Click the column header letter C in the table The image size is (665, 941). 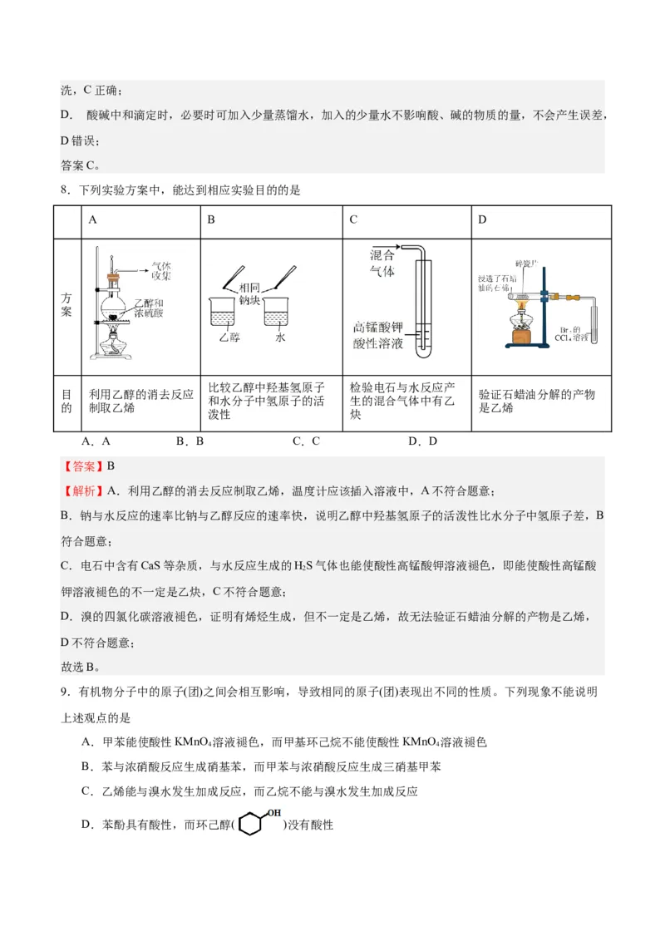(x=353, y=219)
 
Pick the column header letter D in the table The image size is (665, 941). (x=482, y=219)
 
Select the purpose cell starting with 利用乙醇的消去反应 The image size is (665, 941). (x=141, y=402)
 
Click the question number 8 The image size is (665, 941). (x=65, y=191)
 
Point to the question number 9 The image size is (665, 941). (x=65, y=692)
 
